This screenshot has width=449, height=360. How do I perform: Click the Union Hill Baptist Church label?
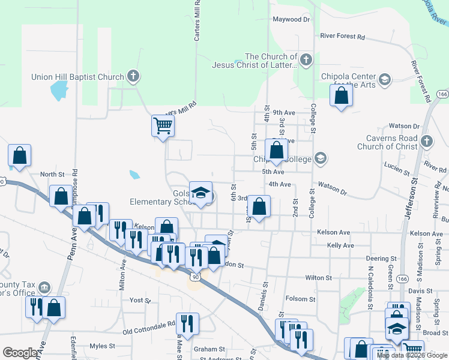[78, 77]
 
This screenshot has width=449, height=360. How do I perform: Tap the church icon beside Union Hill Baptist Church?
[133, 77]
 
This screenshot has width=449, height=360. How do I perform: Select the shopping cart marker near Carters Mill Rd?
[162, 126]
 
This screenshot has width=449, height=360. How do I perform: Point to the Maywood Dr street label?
[291, 19]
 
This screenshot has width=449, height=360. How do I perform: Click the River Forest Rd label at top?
[342, 37]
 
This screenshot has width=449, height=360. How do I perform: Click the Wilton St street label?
[318, 278]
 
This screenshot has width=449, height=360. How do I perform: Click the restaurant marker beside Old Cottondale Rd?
[187, 324]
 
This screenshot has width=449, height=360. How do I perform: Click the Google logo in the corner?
[20, 353]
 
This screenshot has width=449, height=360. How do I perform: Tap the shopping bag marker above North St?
[20, 156]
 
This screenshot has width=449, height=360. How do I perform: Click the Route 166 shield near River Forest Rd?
[443, 95]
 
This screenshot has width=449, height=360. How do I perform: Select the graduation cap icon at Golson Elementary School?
[201, 193]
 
